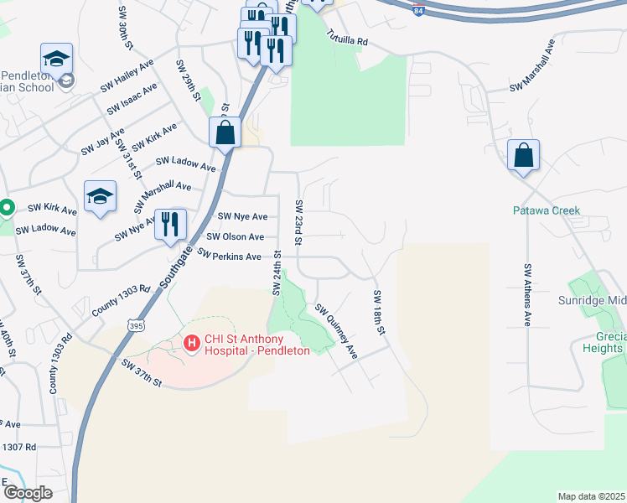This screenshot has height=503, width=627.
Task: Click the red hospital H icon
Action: tap(192, 343)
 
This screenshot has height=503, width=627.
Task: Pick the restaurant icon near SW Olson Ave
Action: tap(170, 224)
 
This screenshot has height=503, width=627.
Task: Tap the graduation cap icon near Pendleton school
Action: tap(56, 60)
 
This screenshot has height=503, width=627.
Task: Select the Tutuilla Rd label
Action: tap(347, 39)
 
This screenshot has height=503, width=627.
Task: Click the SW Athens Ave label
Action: tap(527, 294)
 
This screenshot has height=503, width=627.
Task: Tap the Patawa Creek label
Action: tap(547, 210)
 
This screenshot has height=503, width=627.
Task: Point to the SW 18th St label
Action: tap(378, 313)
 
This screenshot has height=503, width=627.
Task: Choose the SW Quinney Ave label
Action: tap(336, 331)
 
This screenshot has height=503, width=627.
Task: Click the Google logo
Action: tap(28, 493)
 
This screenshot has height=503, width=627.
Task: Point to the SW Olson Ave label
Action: tap(241, 237)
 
